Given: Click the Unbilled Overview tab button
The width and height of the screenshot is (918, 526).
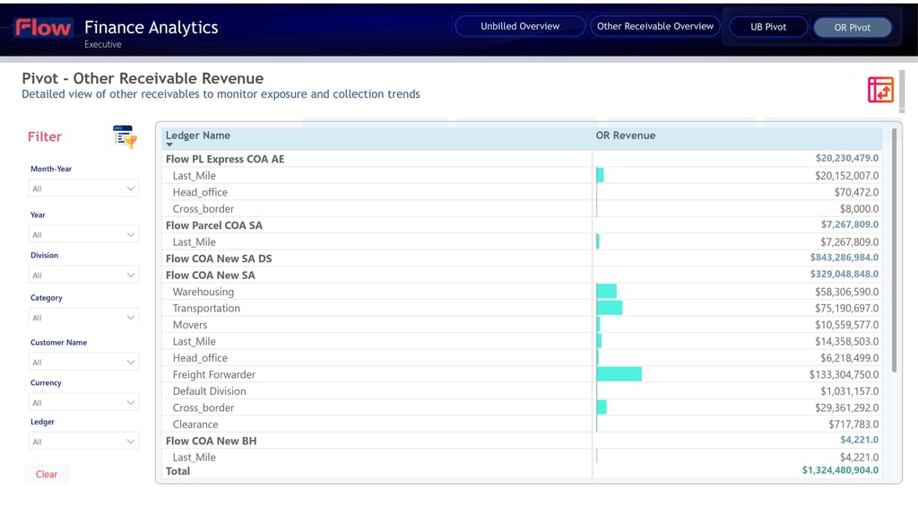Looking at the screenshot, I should pyautogui.click(x=520, y=26).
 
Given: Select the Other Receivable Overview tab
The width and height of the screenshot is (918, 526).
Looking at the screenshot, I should pyautogui.click(x=655, y=26).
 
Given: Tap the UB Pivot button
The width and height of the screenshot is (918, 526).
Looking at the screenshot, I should pyautogui.click(x=768, y=27).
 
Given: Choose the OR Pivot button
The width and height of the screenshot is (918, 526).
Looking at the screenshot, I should pyautogui.click(x=852, y=27).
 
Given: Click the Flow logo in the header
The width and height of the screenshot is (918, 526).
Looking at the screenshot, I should pyautogui.click(x=43, y=28).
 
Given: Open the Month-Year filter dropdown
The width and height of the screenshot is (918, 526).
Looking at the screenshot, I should pyautogui.click(x=84, y=188).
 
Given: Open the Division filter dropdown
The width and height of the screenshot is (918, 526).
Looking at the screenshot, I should pyautogui.click(x=84, y=275).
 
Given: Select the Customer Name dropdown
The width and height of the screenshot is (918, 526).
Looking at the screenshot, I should pyautogui.click(x=84, y=362).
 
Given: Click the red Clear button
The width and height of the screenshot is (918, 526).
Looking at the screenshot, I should pyautogui.click(x=47, y=474).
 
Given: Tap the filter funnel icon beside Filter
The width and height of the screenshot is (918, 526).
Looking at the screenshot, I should pyautogui.click(x=125, y=136).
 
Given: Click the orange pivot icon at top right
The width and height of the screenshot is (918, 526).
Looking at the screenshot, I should pyautogui.click(x=880, y=90).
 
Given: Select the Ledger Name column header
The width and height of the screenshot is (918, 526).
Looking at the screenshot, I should pyautogui.click(x=198, y=136).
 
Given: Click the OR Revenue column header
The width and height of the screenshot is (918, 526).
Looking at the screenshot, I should pyautogui.click(x=626, y=136).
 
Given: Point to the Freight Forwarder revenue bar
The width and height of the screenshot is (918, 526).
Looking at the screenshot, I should pyautogui.click(x=619, y=374).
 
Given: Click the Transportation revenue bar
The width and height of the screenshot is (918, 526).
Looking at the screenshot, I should pyautogui.click(x=610, y=308).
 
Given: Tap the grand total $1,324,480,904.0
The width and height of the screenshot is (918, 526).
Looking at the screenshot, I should pyautogui.click(x=840, y=469).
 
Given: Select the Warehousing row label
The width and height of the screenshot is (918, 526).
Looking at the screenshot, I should pyautogui.click(x=204, y=292).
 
